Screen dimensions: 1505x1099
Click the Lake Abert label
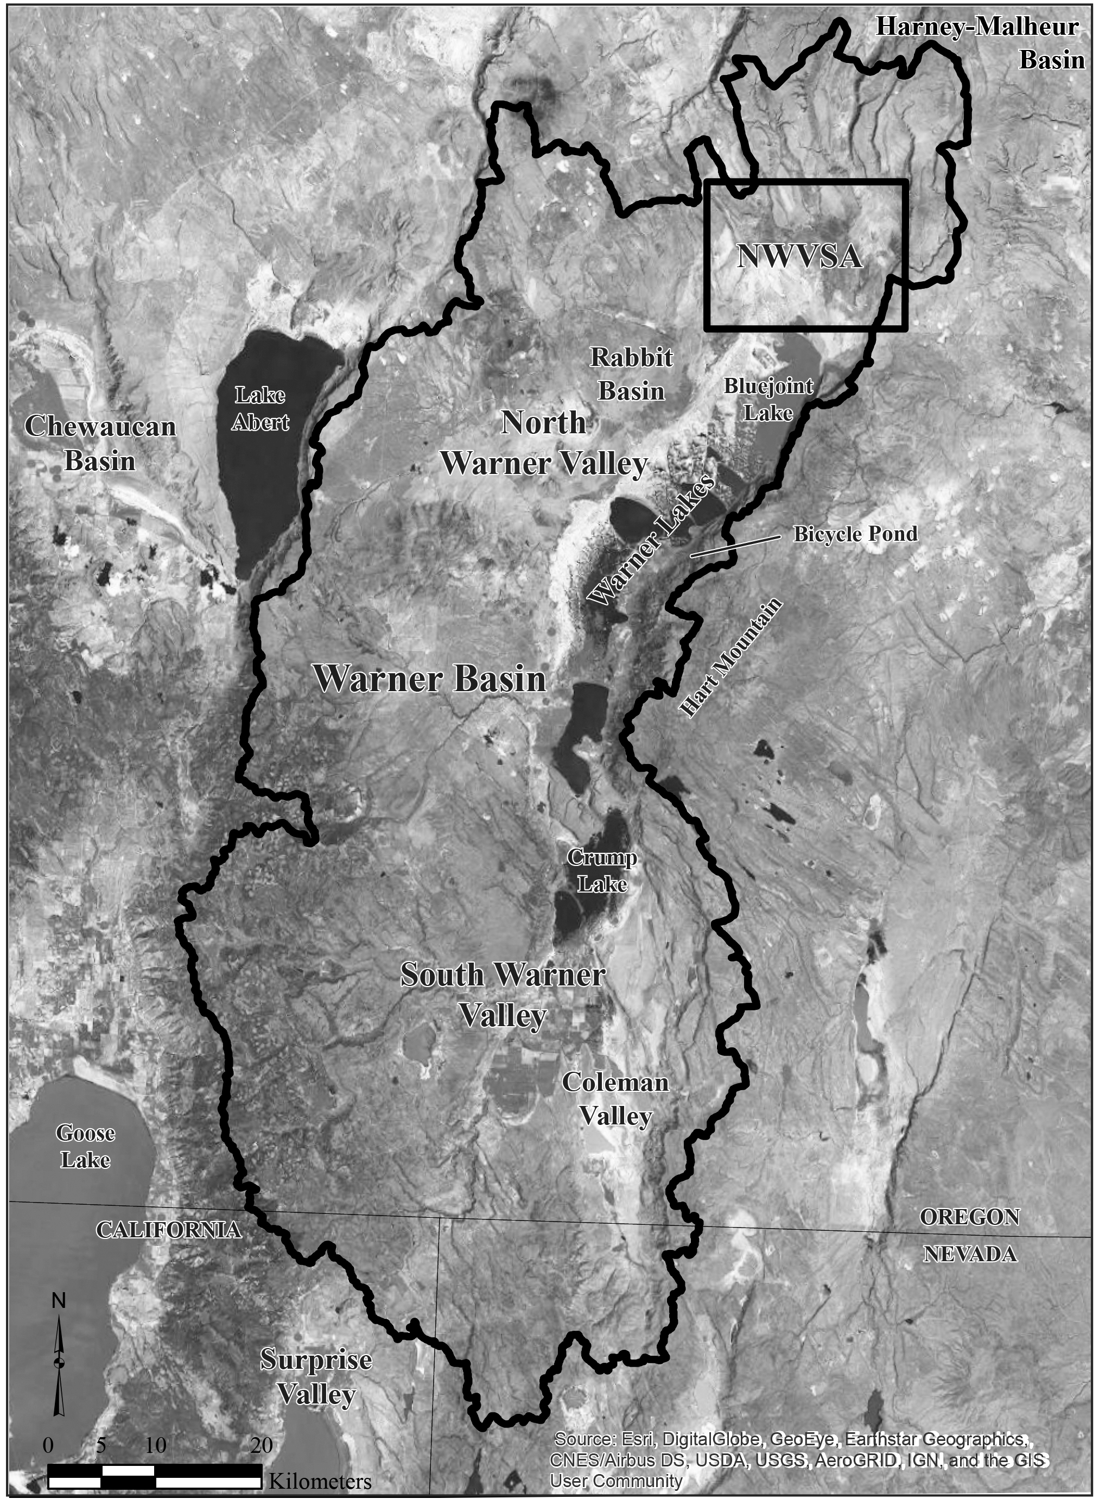pyautogui.click(x=260, y=408)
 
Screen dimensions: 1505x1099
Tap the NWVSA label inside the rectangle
pyautogui.click(x=799, y=257)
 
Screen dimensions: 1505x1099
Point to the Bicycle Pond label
pyautogui.click(x=855, y=534)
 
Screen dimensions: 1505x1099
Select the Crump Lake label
pyautogui.click(x=602, y=871)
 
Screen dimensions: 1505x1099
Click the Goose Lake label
pyautogui.click(x=85, y=1146)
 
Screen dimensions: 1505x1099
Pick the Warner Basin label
pyautogui.click(x=429, y=679)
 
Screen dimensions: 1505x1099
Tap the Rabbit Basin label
pyautogui.click(x=631, y=375)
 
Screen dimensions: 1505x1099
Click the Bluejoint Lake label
pyautogui.click(x=768, y=399)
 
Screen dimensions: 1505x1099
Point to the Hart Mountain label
pyautogui.click(x=730, y=657)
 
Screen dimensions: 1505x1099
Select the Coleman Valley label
pyautogui.click(x=615, y=1098)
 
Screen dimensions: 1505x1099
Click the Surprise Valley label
pyautogui.click(x=316, y=1376)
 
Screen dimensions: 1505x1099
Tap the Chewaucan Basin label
pyautogui.click(x=100, y=443)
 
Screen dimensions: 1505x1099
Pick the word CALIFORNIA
pyautogui.click(x=169, y=1230)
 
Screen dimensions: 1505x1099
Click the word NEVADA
pyautogui.click(x=970, y=1254)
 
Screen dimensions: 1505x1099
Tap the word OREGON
pyautogui.click(x=970, y=1217)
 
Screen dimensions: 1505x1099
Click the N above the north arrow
pyautogui.click(x=59, y=1301)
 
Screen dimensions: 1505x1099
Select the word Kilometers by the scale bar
pyautogui.click(x=320, y=1482)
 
